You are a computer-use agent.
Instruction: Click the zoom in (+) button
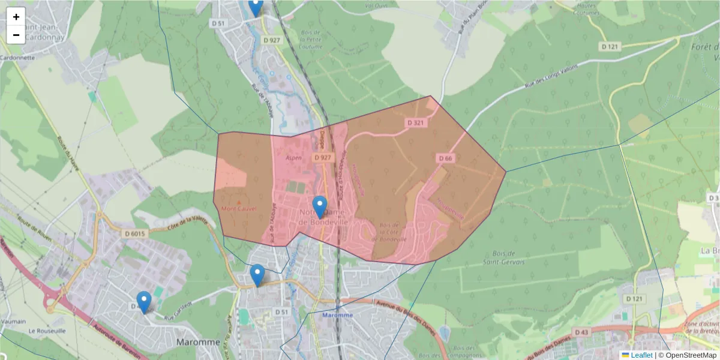tap(16, 17)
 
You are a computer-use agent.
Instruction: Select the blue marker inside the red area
tap(320, 206)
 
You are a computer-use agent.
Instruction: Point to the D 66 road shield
tap(445, 158)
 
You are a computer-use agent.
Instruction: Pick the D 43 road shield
tap(581, 332)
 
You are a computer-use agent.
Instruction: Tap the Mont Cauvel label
tap(239, 209)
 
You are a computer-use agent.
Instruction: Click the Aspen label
tap(293, 158)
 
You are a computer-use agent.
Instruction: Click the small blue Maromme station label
tap(338, 315)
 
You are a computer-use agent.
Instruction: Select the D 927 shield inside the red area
tap(322, 157)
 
